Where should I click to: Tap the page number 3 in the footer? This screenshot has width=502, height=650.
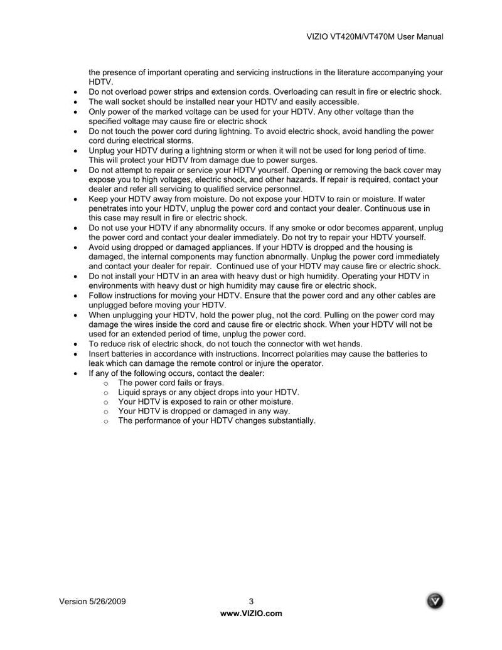251,601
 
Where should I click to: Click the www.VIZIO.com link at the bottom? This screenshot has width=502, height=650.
251,613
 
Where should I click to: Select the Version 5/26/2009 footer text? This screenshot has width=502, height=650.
92,601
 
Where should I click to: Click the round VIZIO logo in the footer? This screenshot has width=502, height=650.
435,600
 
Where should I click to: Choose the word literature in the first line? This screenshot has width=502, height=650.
348,72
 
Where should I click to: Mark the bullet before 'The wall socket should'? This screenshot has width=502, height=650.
75,102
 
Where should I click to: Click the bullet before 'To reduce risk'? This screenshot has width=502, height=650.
75,344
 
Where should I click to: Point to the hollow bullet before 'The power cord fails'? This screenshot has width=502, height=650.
105,383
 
